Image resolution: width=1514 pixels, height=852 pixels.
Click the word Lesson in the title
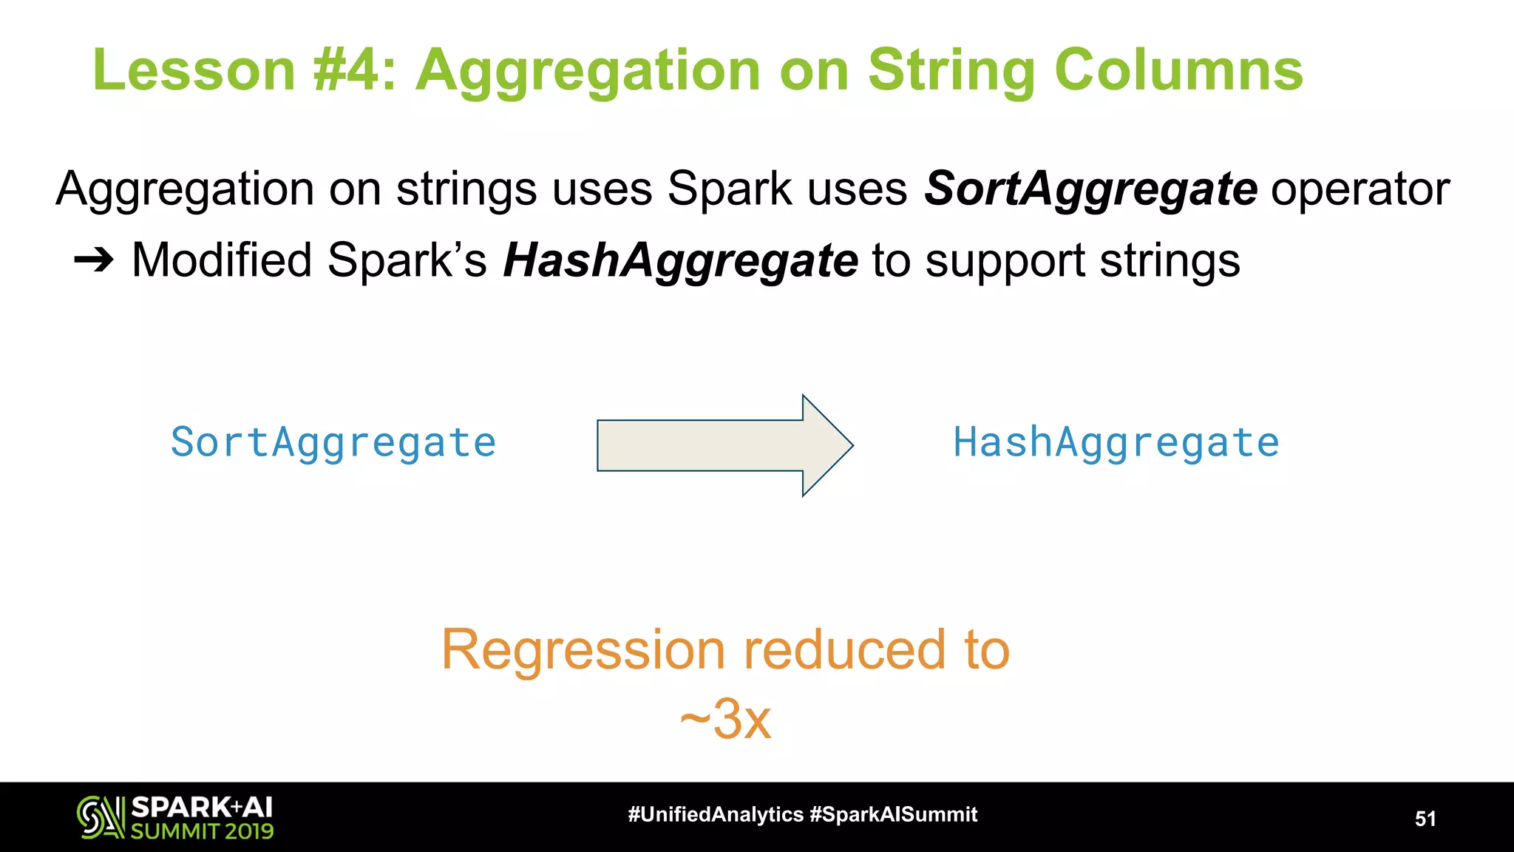(x=194, y=70)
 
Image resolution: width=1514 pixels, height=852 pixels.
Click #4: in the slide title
(x=355, y=70)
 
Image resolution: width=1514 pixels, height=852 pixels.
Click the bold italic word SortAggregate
(x=1090, y=189)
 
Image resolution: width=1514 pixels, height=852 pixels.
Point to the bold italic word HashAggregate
(x=680, y=261)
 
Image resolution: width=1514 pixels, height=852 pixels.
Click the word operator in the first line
(x=1360, y=189)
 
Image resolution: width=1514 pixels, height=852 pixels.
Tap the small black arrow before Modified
(x=94, y=260)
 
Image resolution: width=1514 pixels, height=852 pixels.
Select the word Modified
(x=222, y=260)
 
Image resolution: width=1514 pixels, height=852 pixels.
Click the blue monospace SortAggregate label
(x=333, y=443)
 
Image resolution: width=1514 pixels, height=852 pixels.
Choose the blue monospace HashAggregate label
(x=1116, y=443)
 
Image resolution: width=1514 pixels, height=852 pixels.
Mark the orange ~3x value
(x=726, y=719)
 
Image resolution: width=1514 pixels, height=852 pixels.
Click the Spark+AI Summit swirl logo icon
(x=101, y=817)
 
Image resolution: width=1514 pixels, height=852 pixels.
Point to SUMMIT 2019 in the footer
(x=202, y=831)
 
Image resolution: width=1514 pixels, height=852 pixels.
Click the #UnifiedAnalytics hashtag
(x=715, y=814)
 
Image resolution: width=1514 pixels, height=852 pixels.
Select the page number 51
(x=1425, y=819)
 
